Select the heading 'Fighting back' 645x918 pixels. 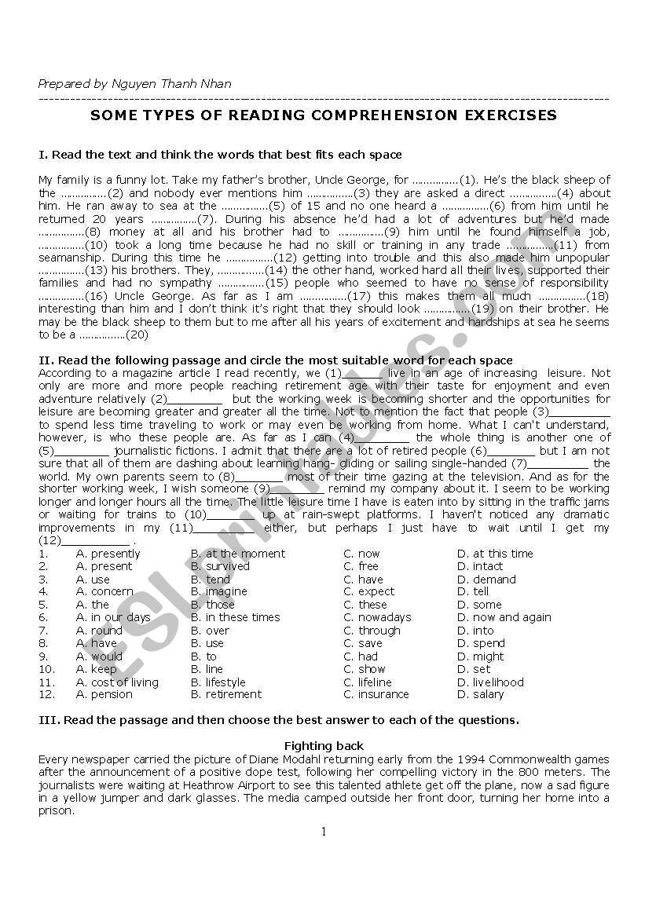324,746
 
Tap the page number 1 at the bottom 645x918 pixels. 323,832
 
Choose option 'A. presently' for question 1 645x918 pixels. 108,554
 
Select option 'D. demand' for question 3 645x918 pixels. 486,580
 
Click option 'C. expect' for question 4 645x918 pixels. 368,592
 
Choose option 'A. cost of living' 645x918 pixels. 117,682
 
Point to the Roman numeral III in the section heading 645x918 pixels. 47,720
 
